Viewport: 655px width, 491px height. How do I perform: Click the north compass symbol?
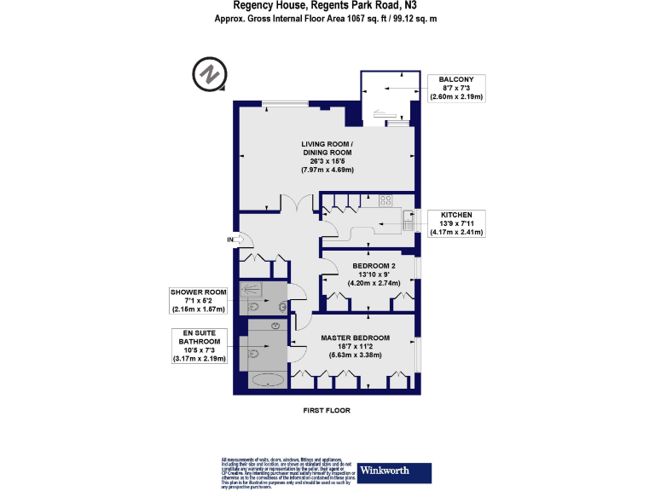pyautogui.click(x=208, y=74)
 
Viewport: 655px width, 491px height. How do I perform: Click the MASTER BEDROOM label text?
pyautogui.click(x=355, y=338)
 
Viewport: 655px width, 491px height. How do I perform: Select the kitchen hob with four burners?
pyautogui.click(x=385, y=202)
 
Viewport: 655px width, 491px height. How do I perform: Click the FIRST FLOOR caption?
pyautogui.click(x=327, y=410)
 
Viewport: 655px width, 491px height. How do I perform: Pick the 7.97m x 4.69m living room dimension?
pyautogui.click(x=327, y=170)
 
